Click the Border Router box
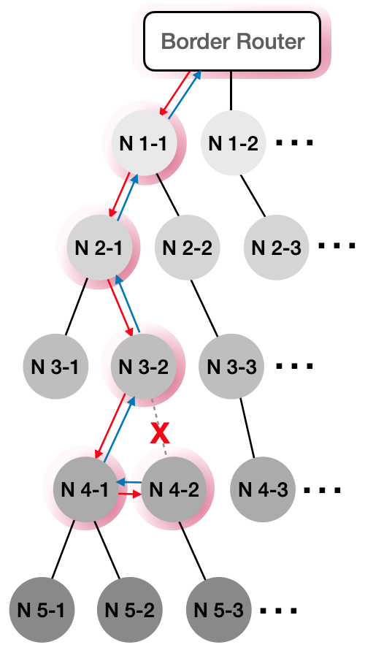pyautogui.click(x=232, y=41)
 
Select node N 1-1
pyautogui.click(x=143, y=143)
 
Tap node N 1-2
pyautogui.click(x=233, y=143)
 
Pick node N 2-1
pyautogui.click(x=99, y=248)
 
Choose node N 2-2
pyautogui.click(x=187, y=248)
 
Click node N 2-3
pyautogui.click(x=276, y=248)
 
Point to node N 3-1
pyautogui.click(x=55, y=367)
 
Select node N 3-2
pyautogui.click(x=143, y=367)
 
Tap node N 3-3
pyautogui.click(x=231, y=367)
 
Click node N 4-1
pyautogui.click(x=85, y=489)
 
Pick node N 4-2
pyautogui.click(x=174, y=489)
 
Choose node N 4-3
pyautogui.click(x=263, y=489)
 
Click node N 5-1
pyautogui.click(x=42, y=610)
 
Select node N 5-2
pyautogui.click(x=129, y=610)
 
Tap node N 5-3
pyautogui.click(x=218, y=610)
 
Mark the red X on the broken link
pyautogui.click(x=160, y=433)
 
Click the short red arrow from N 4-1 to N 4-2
pyautogui.click(x=128, y=494)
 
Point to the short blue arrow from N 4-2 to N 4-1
pyautogui.click(x=129, y=482)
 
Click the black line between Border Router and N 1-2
pyautogui.click(x=231, y=91)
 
